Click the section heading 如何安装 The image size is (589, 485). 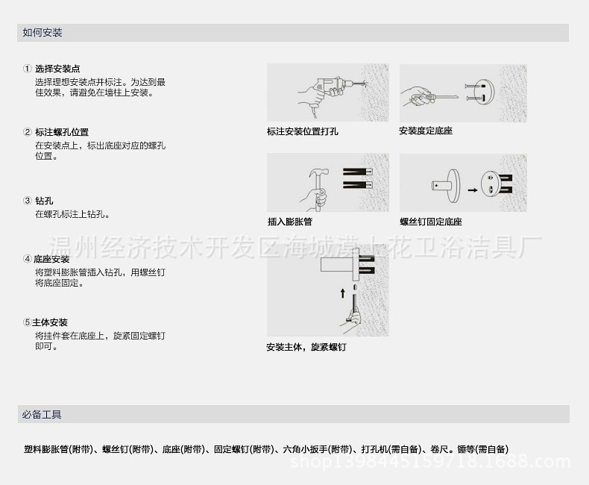42,33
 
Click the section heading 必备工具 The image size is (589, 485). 42,414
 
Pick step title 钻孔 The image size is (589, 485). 44,201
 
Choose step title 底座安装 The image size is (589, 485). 51,260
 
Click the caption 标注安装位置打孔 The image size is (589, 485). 303,131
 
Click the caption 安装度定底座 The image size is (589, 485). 425,131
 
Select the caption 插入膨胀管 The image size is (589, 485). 289,222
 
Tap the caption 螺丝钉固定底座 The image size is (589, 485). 430,222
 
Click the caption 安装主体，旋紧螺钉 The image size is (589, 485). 306,348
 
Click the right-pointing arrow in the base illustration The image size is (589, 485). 472,190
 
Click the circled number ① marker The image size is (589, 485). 27,69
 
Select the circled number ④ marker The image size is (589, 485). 27,260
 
